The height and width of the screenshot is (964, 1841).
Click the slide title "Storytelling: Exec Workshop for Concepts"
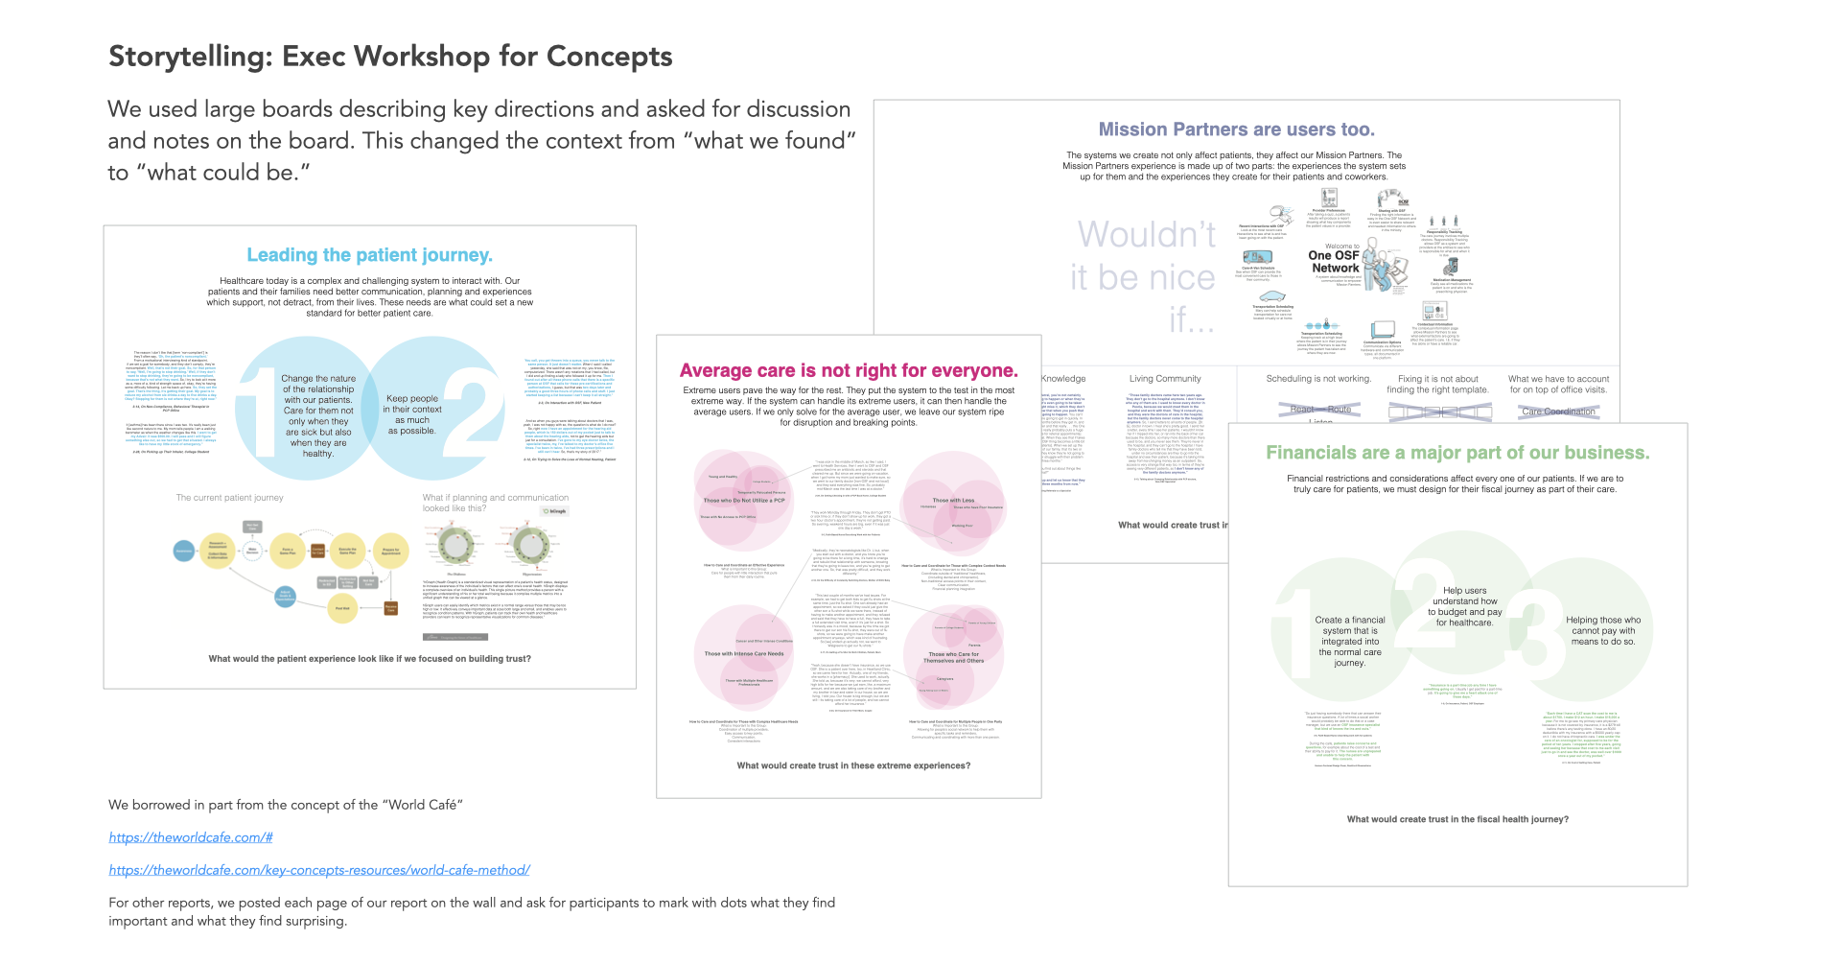click(390, 57)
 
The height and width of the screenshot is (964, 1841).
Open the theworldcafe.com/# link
click(191, 837)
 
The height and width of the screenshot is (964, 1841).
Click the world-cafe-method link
click(319, 870)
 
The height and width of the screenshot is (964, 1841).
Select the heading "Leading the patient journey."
click(369, 255)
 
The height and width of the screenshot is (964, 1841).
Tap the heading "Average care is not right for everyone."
click(849, 371)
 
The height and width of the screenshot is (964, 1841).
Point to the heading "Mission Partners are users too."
click(1236, 129)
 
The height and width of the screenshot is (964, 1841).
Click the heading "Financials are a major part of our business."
click(1457, 453)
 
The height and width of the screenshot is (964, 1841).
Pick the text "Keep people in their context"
click(412, 404)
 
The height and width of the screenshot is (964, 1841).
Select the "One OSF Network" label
click(1334, 261)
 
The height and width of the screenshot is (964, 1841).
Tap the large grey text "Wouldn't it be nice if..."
click(1145, 276)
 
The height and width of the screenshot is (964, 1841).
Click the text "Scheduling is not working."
click(1318, 379)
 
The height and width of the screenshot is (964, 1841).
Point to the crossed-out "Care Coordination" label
click(1558, 411)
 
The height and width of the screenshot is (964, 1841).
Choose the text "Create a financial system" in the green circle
click(1350, 625)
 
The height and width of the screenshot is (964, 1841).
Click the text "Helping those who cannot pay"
click(1603, 625)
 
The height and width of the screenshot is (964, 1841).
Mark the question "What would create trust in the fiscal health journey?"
click(1457, 819)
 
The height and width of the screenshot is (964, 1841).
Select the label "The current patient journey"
click(230, 498)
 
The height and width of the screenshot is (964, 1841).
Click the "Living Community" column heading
click(1165, 379)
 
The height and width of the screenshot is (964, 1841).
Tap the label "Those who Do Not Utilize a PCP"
click(744, 501)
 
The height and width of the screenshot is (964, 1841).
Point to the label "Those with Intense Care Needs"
click(744, 654)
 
